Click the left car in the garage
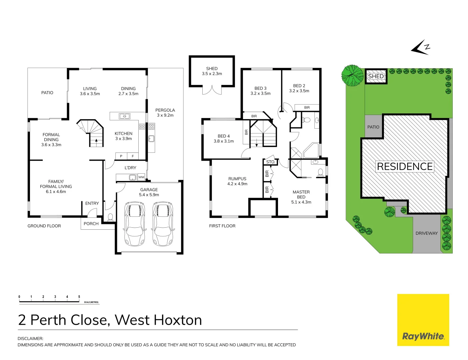click(x=135, y=223)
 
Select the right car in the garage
click(x=163, y=223)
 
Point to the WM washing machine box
click(x=141, y=177)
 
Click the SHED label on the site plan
click(x=376, y=76)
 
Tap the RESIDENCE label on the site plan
click(x=405, y=166)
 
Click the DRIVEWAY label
click(x=426, y=233)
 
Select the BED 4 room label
click(x=224, y=136)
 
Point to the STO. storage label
click(x=271, y=162)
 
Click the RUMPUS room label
click(x=237, y=179)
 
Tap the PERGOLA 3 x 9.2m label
click(x=165, y=113)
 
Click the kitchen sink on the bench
click(x=125, y=116)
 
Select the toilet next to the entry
click(x=110, y=217)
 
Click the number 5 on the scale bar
click(x=79, y=297)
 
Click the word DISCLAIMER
click(x=30, y=338)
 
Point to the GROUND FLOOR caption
click(x=44, y=226)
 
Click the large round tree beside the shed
click(x=352, y=76)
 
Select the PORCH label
click(x=91, y=224)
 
